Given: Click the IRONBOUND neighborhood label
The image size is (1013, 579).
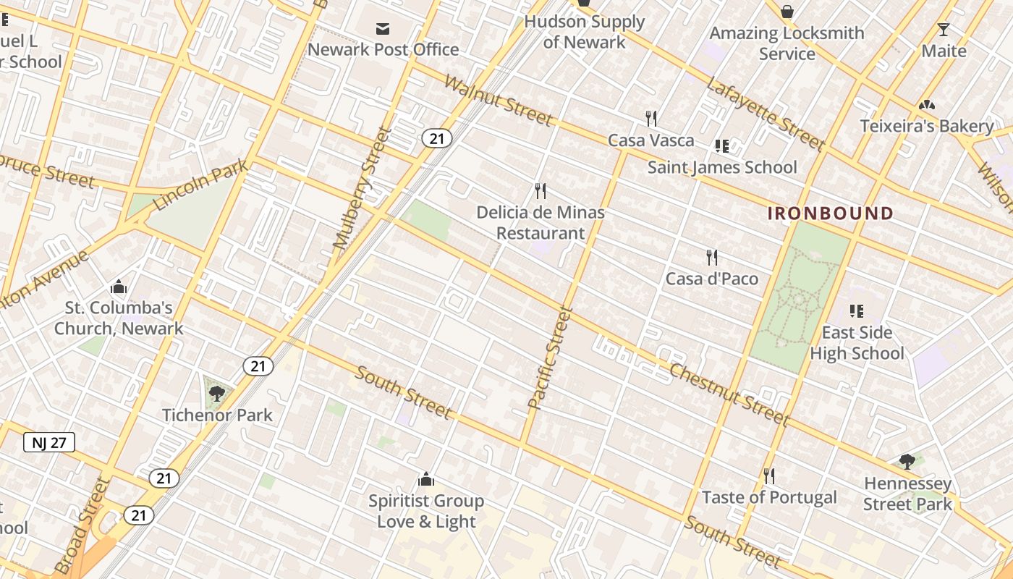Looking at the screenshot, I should (x=830, y=214).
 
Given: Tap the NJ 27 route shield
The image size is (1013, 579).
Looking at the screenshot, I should (x=49, y=442).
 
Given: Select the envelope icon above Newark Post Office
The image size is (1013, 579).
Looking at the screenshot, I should (x=383, y=29).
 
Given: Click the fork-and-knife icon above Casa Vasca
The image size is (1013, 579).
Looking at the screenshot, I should (x=651, y=119).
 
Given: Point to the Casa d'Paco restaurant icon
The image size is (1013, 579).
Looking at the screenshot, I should (x=712, y=258).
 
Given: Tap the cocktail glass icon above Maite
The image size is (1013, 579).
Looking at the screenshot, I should (x=944, y=30).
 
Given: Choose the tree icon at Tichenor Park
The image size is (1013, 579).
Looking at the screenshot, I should (x=216, y=394).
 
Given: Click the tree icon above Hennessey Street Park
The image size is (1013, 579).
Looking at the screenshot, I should (x=907, y=461).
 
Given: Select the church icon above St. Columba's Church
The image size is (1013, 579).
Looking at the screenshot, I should (x=119, y=287).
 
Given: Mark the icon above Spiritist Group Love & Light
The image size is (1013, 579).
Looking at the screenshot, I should (x=426, y=479).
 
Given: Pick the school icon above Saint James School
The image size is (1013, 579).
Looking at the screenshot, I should (x=721, y=146).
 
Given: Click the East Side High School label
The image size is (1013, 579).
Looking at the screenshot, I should (x=857, y=343).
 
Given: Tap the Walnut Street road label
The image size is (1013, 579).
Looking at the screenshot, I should (x=499, y=100).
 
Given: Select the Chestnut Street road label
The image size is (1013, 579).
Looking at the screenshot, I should (x=728, y=394).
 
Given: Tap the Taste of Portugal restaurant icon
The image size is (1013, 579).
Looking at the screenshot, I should (x=769, y=476).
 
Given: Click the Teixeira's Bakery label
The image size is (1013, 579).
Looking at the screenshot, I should (x=926, y=126).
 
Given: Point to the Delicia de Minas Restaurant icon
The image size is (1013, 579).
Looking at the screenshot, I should (x=540, y=191).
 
